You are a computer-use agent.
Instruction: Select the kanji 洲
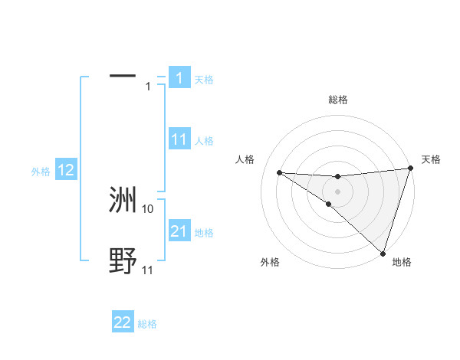(123, 200)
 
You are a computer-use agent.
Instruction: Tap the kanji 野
(123, 261)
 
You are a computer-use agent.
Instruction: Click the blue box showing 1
(179, 78)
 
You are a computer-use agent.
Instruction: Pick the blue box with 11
(179, 139)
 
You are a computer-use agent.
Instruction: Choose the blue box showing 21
(179, 231)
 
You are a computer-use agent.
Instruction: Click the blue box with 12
(66, 170)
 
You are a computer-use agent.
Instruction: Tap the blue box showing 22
(123, 322)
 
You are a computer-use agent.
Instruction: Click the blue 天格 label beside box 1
(204, 80)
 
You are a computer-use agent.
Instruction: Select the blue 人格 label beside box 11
(204, 141)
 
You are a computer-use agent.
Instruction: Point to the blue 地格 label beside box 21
(204, 233)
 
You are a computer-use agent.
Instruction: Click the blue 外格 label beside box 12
(41, 172)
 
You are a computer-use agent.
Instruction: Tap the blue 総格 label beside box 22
(147, 324)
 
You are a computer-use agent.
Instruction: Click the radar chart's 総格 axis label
(338, 100)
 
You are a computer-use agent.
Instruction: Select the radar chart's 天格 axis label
(431, 159)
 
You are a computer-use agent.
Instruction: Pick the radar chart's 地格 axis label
(402, 262)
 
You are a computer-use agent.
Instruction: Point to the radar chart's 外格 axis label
(270, 262)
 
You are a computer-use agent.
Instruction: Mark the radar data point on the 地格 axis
(383, 253)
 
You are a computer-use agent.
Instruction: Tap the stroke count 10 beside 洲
(148, 208)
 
